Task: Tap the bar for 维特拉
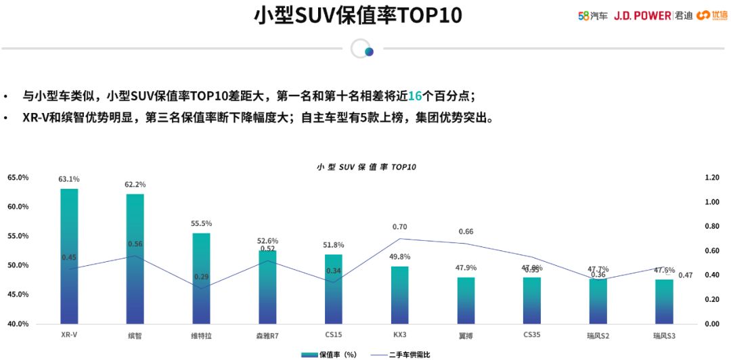tap(202, 278)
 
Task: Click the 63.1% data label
tap(69, 179)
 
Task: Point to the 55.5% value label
tap(202, 223)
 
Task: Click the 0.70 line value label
tap(400, 227)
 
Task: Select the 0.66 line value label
tap(466, 232)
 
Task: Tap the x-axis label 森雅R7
tap(267, 335)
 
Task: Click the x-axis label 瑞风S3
tap(664, 335)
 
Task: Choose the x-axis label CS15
tap(334, 335)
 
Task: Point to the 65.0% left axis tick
tap(18, 177)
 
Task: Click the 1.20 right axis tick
tap(711, 177)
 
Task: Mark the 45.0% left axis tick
tap(18, 294)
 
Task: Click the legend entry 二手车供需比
tap(400, 354)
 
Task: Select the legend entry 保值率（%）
tap(329, 354)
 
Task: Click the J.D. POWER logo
tap(642, 15)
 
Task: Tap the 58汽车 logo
tap(593, 15)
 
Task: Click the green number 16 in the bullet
tap(415, 96)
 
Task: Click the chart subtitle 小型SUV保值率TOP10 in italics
tap(365, 166)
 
